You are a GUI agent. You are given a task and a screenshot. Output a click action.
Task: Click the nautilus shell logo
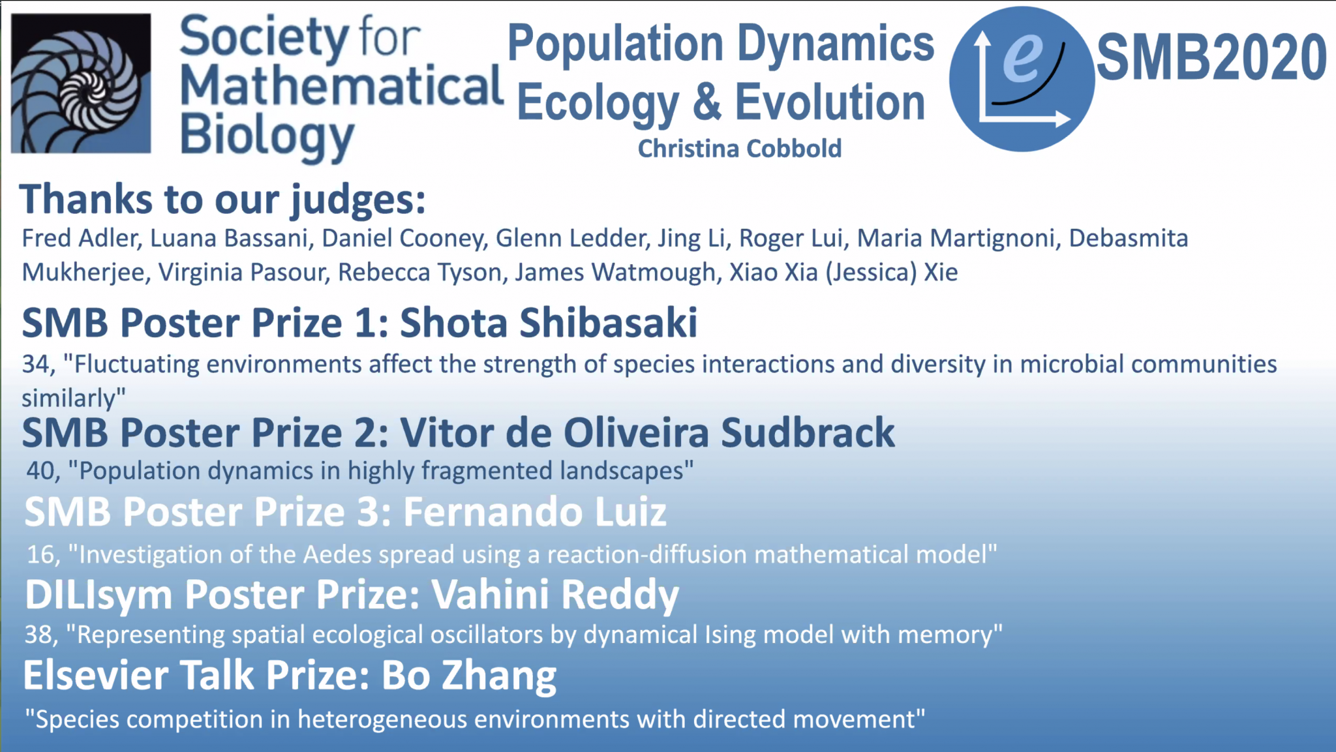[81, 83]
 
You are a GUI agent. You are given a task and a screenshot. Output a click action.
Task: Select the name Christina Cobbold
[740, 149]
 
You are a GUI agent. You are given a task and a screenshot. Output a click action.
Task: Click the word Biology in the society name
[267, 136]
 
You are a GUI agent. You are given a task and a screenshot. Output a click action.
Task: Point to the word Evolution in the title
[830, 103]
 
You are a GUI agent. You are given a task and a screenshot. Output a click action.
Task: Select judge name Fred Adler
[82, 239]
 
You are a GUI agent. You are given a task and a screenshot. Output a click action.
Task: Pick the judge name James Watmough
[615, 273]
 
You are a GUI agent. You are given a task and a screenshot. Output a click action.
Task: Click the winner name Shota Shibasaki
[549, 323]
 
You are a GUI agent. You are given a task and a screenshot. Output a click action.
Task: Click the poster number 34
[37, 365]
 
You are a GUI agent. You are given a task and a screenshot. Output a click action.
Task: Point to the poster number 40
[42, 471]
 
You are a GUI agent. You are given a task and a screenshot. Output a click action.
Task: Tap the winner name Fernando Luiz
[535, 512]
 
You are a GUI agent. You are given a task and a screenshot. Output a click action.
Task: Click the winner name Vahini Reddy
[555, 595]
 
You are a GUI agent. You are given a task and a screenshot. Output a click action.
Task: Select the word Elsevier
[96, 675]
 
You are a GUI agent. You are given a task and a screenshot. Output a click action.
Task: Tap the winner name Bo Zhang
[468, 675]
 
